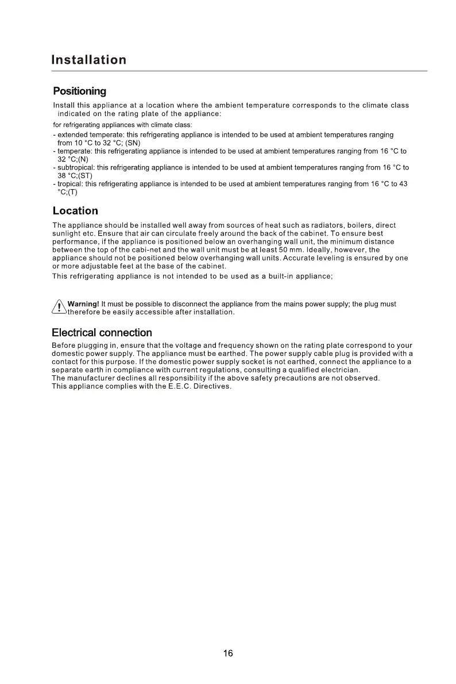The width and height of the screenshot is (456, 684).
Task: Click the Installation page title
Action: click(x=89, y=60)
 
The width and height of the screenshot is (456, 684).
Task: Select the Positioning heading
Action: click(x=79, y=91)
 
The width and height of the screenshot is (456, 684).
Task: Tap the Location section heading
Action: click(x=75, y=210)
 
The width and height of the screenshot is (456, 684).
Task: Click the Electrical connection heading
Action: click(x=102, y=332)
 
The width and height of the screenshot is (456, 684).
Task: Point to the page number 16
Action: click(x=228, y=654)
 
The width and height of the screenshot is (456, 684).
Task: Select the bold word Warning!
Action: click(x=83, y=304)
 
